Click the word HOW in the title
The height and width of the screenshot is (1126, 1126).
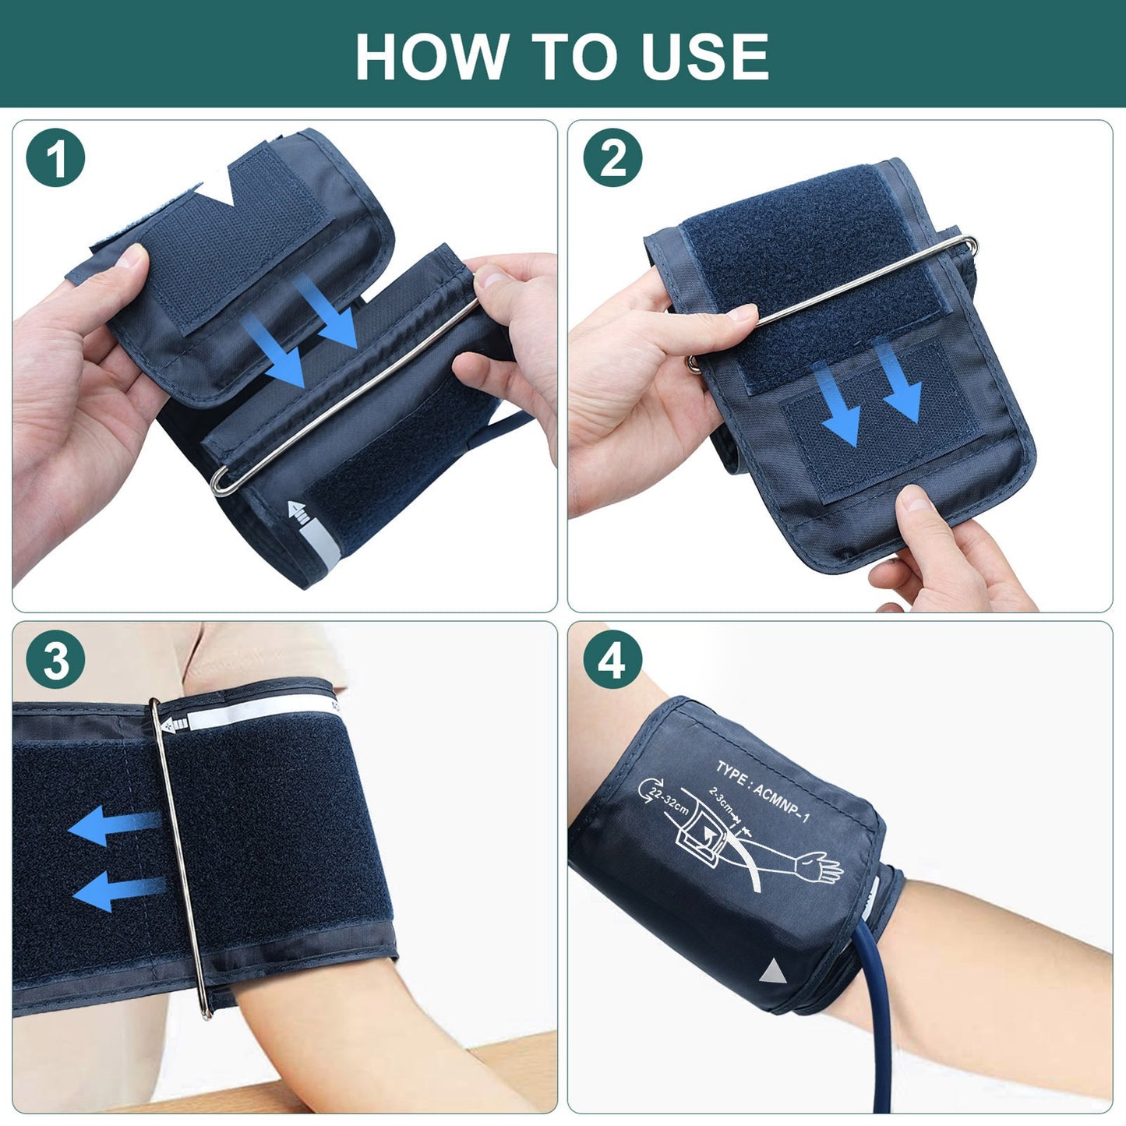(430, 56)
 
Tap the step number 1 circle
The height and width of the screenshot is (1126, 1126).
(55, 158)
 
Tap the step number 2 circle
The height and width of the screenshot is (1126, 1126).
(612, 158)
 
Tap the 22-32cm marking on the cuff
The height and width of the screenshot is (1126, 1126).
(664, 798)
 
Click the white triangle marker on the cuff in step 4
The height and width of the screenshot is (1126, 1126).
(772, 973)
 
